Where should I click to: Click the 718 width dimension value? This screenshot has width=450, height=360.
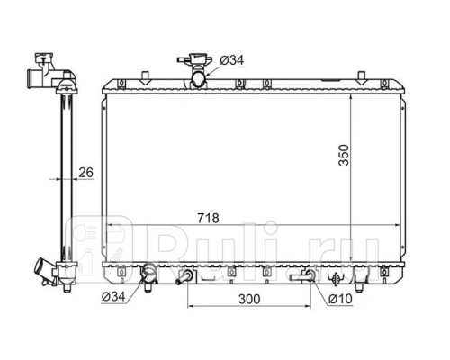(208, 218)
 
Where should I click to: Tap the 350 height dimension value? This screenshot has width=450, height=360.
(344, 155)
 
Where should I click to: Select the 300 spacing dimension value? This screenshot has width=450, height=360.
(249, 299)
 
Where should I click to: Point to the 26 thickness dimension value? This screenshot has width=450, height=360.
(86, 173)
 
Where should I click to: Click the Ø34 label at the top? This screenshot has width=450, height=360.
(232, 60)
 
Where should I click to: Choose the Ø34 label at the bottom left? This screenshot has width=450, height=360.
(113, 297)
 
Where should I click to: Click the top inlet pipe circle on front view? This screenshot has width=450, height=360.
(199, 79)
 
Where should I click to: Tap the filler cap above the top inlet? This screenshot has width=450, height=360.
(195, 60)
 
